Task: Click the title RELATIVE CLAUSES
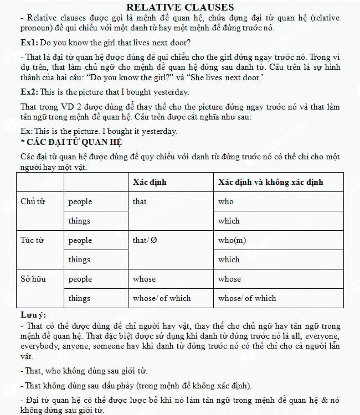180,7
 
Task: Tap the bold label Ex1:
29,43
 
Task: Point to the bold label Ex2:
29,92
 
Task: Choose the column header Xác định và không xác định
270,181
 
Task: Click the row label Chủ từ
32,201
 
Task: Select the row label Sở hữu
33,279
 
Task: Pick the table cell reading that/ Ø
145,240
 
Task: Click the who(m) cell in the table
232,240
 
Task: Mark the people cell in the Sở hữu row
80,279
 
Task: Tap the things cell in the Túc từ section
79,260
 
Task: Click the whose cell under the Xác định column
144,279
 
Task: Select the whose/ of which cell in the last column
247,298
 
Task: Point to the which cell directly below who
229,221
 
